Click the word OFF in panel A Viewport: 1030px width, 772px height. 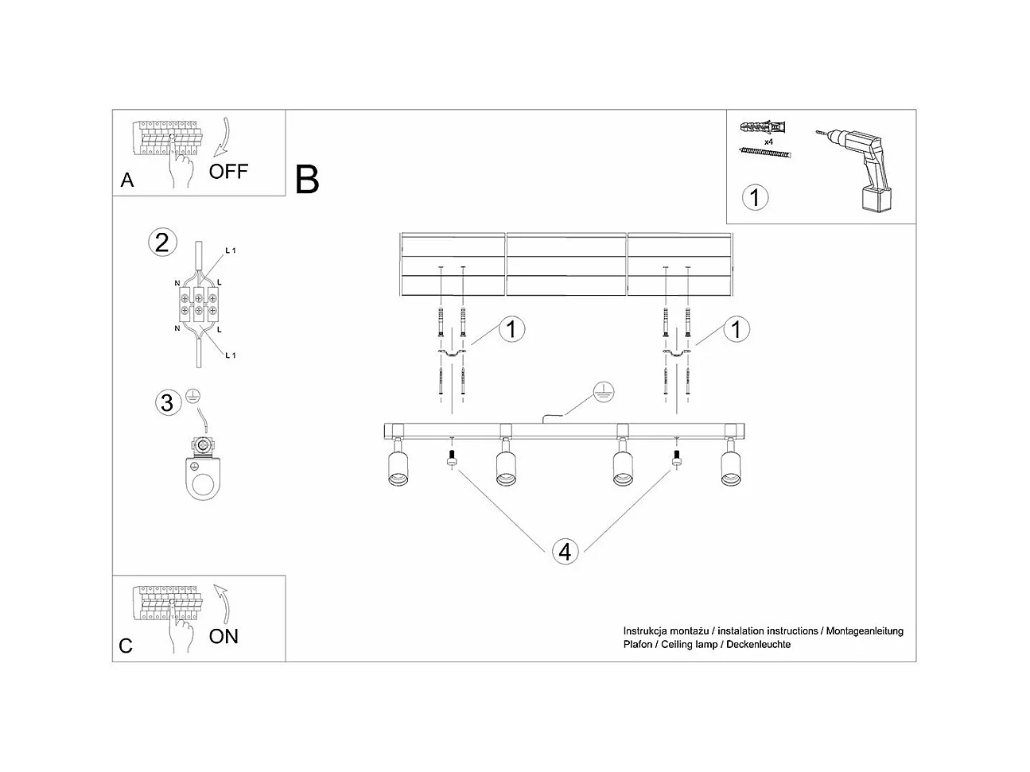coord(228,171)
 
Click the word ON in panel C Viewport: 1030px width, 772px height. coord(223,636)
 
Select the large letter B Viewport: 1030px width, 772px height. coord(307,180)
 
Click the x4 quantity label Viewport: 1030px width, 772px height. coord(769,141)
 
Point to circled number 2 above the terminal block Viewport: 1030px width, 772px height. coord(162,242)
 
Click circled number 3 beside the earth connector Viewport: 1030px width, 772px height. coord(166,402)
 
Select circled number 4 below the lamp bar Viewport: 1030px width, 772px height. coord(565,551)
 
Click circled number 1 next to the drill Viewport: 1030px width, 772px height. coord(755,196)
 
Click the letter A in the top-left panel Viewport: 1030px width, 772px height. coord(127,180)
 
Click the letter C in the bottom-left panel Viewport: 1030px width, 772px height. coord(126,646)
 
